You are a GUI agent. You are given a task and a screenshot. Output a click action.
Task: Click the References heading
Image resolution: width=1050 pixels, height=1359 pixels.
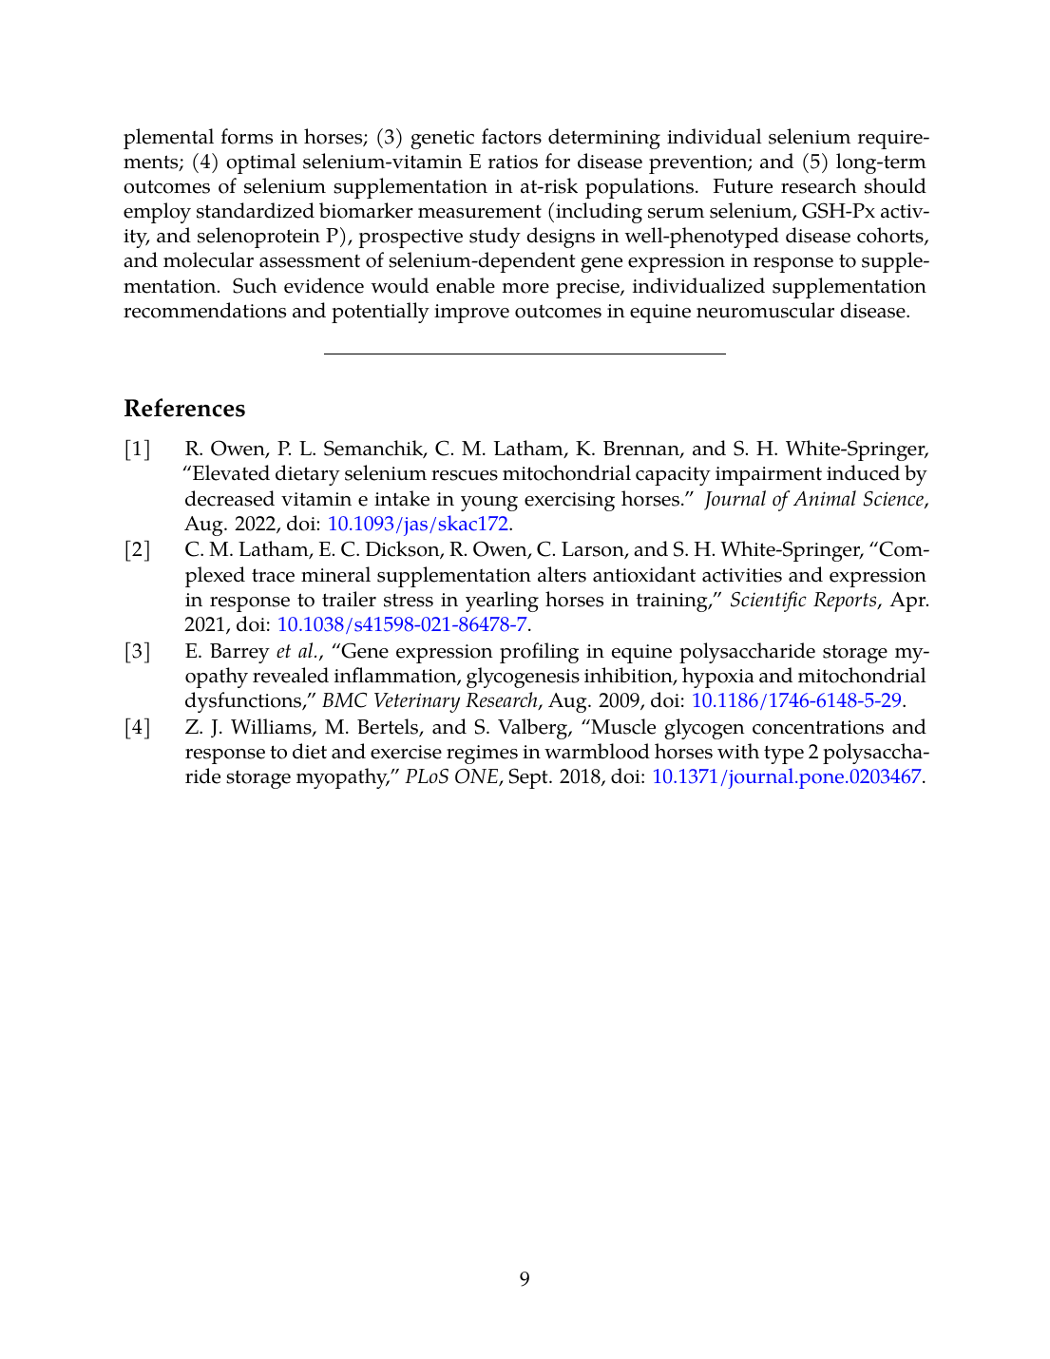point(184,409)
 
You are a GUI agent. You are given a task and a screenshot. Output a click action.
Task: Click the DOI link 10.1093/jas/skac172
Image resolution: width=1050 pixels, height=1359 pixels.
point(418,524)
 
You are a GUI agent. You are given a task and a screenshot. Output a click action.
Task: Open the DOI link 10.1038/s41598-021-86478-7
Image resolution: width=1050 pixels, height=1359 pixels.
point(402,624)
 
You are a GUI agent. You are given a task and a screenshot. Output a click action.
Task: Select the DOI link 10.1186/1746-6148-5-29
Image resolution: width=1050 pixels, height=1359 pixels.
point(796,700)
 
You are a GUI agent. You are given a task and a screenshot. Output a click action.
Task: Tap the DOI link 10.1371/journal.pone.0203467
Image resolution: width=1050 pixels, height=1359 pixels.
point(786,776)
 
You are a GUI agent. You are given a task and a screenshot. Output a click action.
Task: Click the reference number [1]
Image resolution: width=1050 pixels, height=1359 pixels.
point(138,449)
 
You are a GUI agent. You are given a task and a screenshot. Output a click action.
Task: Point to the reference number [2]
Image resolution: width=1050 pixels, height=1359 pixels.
point(138,549)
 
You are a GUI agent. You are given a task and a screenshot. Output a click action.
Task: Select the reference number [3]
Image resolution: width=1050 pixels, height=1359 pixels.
point(138,651)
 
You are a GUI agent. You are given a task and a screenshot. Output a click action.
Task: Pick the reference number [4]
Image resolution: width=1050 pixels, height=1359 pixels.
point(138,727)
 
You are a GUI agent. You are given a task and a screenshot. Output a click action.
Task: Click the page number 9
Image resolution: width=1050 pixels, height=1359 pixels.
point(525,1279)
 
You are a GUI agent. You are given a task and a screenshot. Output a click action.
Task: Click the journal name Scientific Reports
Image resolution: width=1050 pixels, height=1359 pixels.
point(803,600)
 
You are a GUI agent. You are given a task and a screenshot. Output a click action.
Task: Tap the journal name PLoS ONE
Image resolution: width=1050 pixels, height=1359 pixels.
point(451,776)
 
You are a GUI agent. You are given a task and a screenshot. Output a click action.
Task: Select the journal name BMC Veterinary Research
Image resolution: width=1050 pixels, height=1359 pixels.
point(430,700)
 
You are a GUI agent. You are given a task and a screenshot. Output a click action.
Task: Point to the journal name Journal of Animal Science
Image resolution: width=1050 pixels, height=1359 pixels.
point(813,499)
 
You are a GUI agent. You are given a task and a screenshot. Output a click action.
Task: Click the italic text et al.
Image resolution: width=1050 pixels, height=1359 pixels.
point(298,651)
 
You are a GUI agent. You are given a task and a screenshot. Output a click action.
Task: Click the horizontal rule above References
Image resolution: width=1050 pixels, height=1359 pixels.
point(525,354)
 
